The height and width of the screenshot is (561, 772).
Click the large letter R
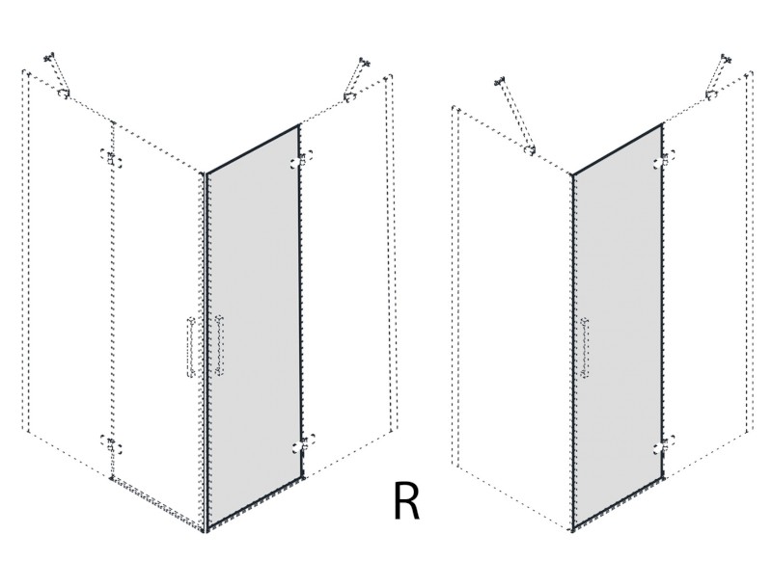point(406,500)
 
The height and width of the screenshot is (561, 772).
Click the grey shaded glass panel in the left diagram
point(254,327)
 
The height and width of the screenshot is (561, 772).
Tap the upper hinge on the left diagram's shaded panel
point(302,160)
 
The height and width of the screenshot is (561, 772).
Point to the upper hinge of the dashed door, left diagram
point(111,158)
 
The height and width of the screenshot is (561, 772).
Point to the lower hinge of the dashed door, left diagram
point(111,444)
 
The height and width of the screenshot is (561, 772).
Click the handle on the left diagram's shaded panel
point(219,346)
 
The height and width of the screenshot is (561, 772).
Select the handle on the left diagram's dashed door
point(191,347)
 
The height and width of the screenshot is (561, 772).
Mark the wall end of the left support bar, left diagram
point(49,58)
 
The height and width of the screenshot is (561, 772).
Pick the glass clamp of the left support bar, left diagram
point(63,93)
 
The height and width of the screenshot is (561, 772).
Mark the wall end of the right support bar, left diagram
point(365,62)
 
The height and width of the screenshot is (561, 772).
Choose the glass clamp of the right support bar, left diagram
point(349,96)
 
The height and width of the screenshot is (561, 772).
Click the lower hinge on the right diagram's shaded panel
point(665,444)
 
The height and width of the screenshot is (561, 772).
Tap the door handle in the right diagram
point(586,347)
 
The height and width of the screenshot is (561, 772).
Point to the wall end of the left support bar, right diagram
point(501,81)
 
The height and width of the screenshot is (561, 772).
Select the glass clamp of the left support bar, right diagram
point(530,150)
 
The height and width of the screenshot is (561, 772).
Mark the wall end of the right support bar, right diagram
point(727,59)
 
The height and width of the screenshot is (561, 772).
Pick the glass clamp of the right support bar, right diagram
point(711,94)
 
